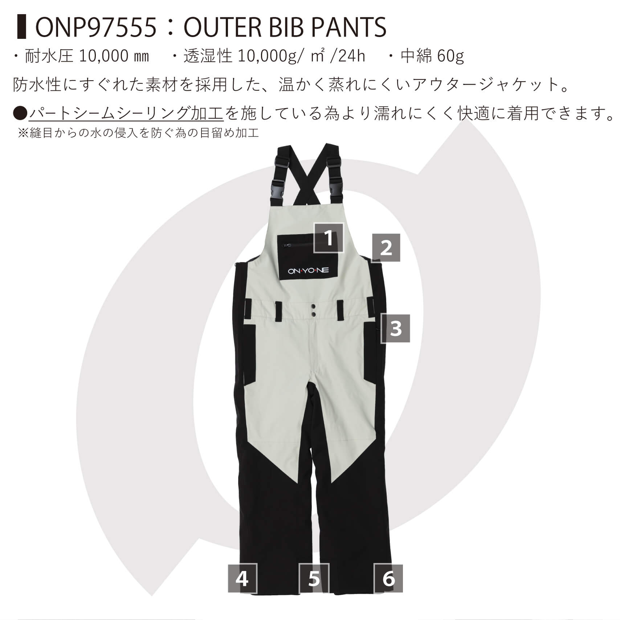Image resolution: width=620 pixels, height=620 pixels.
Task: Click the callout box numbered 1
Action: click(x=329, y=238)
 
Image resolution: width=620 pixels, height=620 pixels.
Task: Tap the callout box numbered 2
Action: click(x=386, y=248)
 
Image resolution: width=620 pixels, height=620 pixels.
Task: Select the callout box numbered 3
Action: click(x=396, y=329)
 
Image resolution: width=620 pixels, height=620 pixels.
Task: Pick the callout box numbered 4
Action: click(x=242, y=588)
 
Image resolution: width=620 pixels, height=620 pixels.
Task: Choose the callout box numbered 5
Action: click(x=314, y=588)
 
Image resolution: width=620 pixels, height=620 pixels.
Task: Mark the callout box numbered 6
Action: click(x=388, y=588)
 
